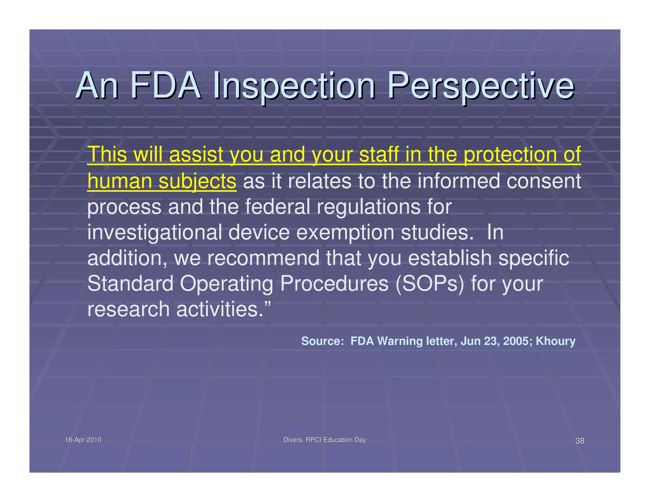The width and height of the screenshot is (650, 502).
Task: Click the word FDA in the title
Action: click(x=165, y=86)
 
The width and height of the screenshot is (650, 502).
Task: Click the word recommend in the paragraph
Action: click(x=263, y=258)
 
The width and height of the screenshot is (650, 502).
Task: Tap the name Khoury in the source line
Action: click(x=555, y=341)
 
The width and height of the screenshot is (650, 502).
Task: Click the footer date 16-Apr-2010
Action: click(x=83, y=440)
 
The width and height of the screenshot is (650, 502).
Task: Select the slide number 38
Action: click(x=580, y=441)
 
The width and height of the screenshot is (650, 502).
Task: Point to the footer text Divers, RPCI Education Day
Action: click(x=325, y=440)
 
